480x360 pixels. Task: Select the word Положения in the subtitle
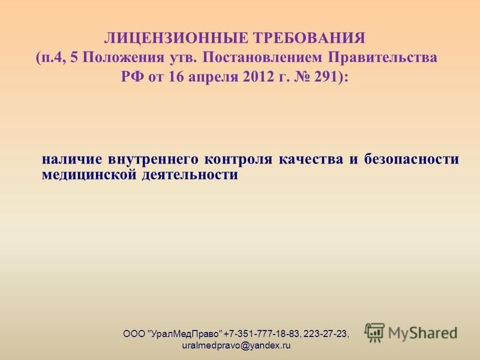coord(124,58)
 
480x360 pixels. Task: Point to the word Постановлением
coord(262,58)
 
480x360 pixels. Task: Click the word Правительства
coord(383,58)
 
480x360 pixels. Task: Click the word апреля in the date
coord(214,77)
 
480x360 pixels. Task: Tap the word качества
coord(311,160)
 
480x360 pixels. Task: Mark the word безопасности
coord(412,160)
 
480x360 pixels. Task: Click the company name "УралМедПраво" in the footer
coord(185,334)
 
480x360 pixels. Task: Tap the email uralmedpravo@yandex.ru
coord(236,346)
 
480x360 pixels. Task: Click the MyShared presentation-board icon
coord(374,333)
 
